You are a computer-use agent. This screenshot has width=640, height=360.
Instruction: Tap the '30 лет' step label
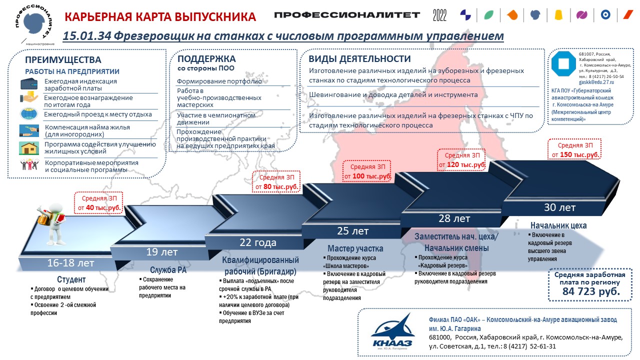click(x=559, y=207)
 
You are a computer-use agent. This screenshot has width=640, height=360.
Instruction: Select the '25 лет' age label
click(x=352, y=231)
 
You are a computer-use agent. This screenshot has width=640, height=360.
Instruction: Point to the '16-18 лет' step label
click(x=70, y=263)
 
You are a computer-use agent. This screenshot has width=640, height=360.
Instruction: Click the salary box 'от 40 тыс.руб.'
click(x=98, y=203)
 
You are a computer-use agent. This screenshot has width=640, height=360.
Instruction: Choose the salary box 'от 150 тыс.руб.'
click(x=574, y=149)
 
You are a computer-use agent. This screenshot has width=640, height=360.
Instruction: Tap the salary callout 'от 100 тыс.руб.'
click(x=367, y=171)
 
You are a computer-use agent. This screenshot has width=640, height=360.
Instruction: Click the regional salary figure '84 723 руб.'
click(x=591, y=291)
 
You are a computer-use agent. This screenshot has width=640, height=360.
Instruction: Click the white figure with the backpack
click(x=53, y=223)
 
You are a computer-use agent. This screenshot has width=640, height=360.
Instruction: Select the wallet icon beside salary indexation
click(x=29, y=84)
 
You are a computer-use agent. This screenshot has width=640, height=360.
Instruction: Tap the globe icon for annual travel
click(x=29, y=113)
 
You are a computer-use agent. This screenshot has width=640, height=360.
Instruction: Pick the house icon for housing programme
click(x=29, y=148)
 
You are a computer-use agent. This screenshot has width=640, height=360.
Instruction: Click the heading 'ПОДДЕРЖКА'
click(x=206, y=59)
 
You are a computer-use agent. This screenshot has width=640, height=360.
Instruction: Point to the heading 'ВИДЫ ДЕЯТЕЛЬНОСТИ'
click(x=359, y=59)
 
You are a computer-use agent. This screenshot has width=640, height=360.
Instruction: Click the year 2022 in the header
click(x=439, y=15)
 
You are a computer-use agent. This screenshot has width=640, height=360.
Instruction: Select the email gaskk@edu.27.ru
click(x=596, y=82)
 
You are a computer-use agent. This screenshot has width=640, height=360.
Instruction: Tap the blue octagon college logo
click(x=563, y=64)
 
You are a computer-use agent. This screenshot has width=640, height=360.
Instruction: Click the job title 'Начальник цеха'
click(x=558, y=225)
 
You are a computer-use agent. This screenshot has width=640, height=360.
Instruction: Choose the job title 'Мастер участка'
click(x=355, y=248)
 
